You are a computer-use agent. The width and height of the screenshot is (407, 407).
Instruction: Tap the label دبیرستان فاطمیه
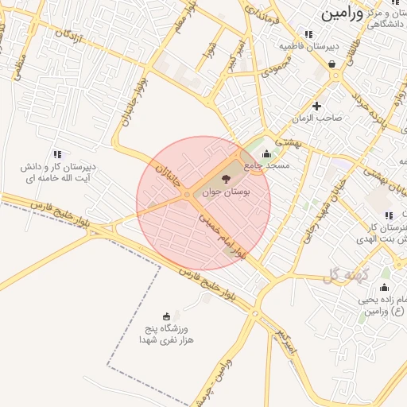(x=308, y=46)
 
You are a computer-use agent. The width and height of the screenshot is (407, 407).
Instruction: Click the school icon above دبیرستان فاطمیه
(x=308, y=34)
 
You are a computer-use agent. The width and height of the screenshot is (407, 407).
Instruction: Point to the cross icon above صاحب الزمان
(x=317, y=106)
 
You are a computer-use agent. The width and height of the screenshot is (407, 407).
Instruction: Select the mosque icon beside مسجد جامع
(x=266, y=154)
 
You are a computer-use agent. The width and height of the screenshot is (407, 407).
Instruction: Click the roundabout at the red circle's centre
(x=187, y=195)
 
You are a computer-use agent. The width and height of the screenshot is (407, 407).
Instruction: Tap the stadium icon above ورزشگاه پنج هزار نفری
(x=165, y=316)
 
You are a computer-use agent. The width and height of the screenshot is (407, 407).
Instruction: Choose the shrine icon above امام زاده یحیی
(x=385, y=287)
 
